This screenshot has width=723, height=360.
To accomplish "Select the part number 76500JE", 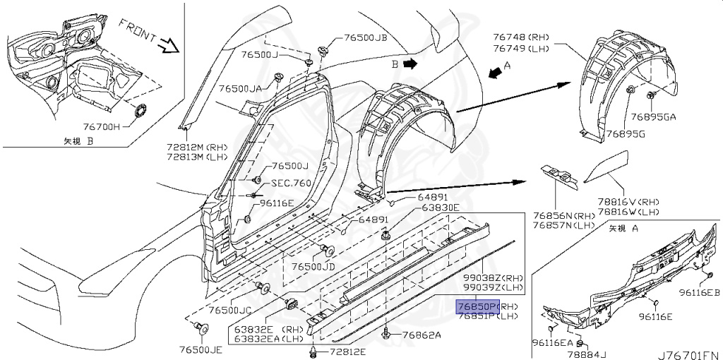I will pyautogui.click(x=201, y=349).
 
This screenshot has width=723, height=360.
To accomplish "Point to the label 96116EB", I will pyautogui.click(x=699, y=292).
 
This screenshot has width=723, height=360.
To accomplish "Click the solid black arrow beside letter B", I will pyautogui.click(x=410, y=63).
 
